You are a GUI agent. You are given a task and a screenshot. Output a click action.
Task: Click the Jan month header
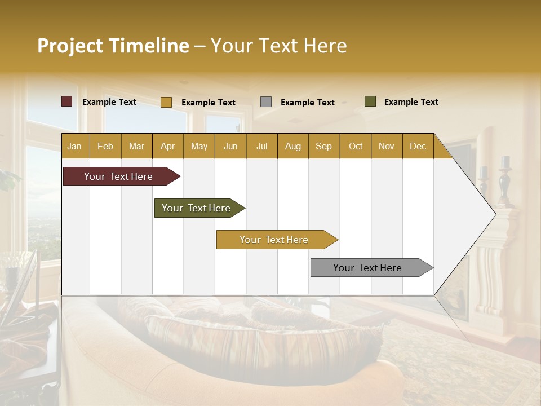click(74, 146)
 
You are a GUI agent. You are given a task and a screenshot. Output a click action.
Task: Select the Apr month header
click(168, 146)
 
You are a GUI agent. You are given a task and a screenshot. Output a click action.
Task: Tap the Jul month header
click(261, 146)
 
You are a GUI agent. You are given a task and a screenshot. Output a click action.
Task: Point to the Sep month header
click(323, 146)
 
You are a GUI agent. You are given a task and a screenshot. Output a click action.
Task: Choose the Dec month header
click(418, 146)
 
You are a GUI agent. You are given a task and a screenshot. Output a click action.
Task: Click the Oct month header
click(356, 146)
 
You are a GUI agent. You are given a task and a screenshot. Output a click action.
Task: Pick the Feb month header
click(105, 146)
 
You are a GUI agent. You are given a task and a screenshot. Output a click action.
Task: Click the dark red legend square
click(67, 101)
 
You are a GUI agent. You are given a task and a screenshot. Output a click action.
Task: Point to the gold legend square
click(166, 102)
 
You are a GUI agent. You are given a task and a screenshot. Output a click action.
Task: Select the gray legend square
click(266, 102)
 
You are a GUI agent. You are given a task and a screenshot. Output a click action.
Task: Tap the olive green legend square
click(370, 101)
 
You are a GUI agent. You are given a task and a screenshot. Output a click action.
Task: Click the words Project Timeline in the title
click(113, 46)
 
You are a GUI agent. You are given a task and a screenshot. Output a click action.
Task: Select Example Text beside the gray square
click(308, 103)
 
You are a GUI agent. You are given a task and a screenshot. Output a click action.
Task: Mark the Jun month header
click(230, 146)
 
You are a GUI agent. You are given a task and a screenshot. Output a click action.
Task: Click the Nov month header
click(387, 146)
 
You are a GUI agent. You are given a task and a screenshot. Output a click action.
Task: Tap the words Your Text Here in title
click(278, 46)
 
